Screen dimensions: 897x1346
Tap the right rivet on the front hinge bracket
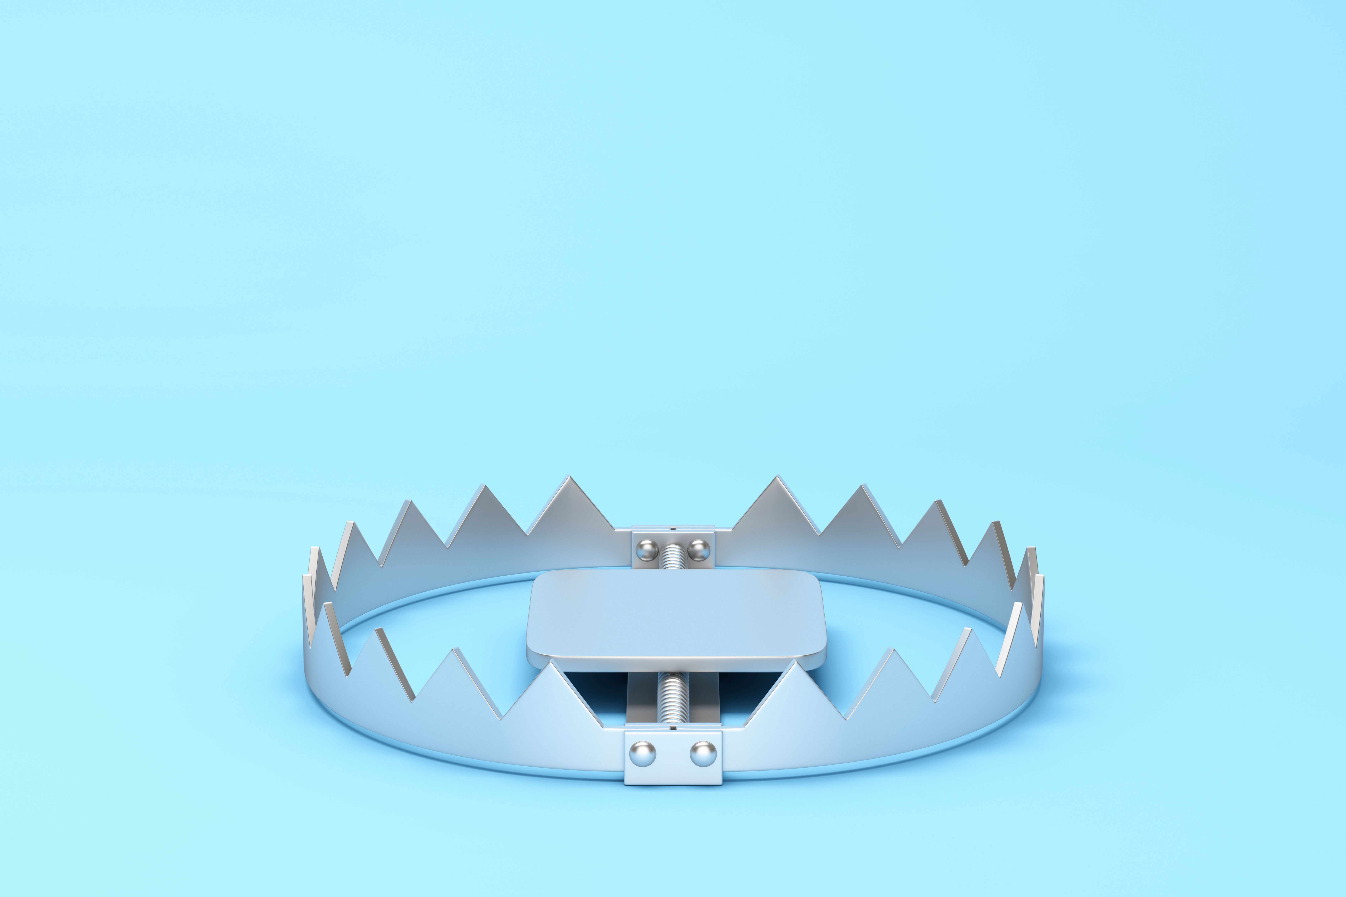[x=703, y=754]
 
